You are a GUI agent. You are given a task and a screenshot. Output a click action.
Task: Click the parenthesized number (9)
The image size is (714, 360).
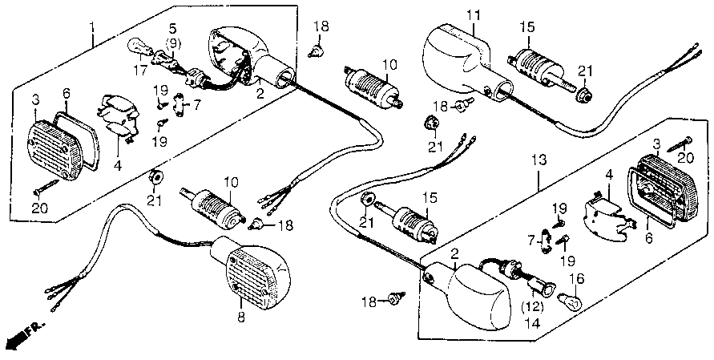173,42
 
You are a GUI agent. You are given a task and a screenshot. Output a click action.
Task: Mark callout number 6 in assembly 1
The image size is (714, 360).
67,94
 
